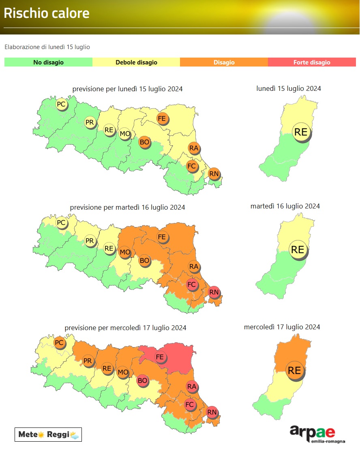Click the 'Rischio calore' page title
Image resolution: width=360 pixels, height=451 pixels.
point(47,13)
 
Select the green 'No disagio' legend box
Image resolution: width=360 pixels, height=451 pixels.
point(48,62)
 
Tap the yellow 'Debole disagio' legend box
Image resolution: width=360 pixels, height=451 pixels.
point(136,62)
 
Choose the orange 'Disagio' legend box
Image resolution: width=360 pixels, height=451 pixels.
point(224,62)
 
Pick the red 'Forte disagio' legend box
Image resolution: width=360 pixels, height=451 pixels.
point(312,62)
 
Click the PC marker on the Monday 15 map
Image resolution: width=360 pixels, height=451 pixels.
point(61,104)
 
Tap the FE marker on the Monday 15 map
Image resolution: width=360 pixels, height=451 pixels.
point(162,118)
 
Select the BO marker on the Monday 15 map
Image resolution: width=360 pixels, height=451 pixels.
point(144,142)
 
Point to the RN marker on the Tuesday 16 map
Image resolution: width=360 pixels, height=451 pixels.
point(214,292)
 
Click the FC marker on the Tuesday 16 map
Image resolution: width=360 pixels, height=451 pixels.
point(191,284)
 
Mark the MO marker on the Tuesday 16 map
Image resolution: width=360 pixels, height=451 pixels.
point(125,252)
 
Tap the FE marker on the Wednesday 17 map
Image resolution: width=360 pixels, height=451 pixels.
point(160,357)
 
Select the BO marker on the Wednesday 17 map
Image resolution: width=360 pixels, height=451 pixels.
point(142,380)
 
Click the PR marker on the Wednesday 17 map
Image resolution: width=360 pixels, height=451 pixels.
point(88,360)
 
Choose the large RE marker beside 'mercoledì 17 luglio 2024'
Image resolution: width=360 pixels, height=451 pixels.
point(294,370)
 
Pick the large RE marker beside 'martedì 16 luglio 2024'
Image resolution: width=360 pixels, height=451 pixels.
point(298,249)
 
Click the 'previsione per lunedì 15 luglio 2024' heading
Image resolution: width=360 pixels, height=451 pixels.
point(127,89)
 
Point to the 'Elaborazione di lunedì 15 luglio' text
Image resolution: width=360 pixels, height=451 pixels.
point(47,47)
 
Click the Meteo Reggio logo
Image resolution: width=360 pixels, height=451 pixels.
point(48,434)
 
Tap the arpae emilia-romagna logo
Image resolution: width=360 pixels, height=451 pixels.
point(312,434)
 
